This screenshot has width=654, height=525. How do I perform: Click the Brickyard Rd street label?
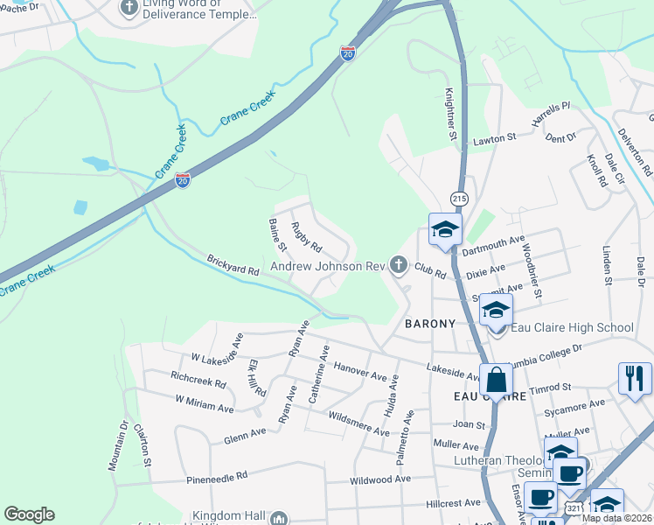233,265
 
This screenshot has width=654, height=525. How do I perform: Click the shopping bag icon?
496,381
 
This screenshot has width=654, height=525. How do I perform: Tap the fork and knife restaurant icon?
635,378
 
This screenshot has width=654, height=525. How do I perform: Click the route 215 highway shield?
458,199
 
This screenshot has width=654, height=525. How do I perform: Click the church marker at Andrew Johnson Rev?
400,264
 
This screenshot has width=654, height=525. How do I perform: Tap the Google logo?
29,514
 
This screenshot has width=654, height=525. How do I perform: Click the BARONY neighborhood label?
430,324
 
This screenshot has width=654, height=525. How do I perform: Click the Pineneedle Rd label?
218,477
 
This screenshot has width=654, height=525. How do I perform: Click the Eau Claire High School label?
572,328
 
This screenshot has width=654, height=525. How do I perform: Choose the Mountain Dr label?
118,449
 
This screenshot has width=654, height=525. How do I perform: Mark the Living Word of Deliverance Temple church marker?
129,9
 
